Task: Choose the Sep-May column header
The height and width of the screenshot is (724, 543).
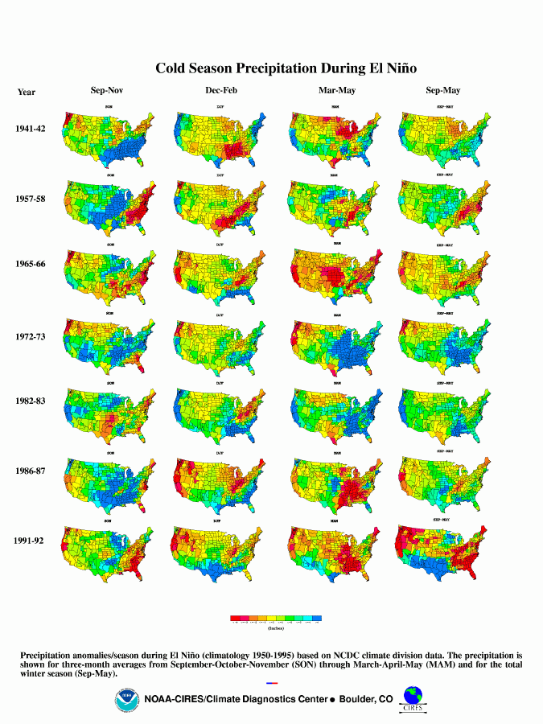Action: pos(443,91)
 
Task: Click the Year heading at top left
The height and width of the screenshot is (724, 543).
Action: pos(27,92)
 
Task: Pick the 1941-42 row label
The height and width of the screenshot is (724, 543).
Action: pos(31,129)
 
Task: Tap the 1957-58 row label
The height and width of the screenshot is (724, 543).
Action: pos(31,198)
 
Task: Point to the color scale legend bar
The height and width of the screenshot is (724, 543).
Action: pos(277,619)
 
